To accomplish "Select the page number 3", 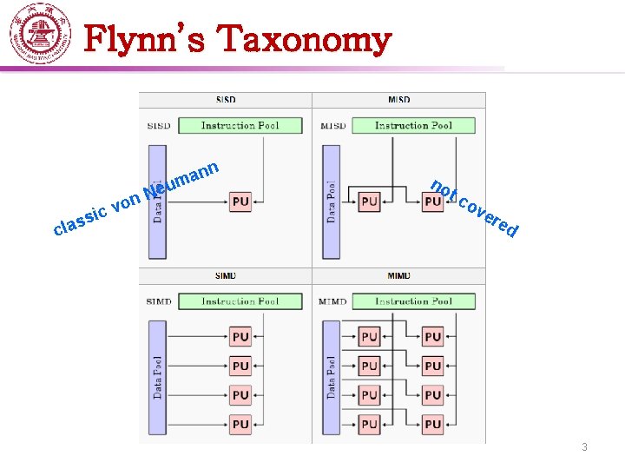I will coord(584,447).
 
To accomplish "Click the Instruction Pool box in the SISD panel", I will coord(240,126).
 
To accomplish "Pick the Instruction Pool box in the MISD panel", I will coord(413,126).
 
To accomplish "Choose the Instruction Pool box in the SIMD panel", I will coord(240,301).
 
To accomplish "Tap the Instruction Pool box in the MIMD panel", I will coord(413,301).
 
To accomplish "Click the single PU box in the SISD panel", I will coord(240,201).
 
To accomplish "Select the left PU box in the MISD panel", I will coord(370,201).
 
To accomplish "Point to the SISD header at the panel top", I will coord(225,100).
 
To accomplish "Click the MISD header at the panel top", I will coord(399,100).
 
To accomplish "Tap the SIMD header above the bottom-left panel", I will coord(225,276).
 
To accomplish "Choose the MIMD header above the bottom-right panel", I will coord(399,276).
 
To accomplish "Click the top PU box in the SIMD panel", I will coord(240,336).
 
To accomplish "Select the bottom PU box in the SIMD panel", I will coord(240,424).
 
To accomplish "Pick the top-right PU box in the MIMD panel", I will coord(433,336).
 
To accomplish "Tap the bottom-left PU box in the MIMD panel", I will coord(370,424).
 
